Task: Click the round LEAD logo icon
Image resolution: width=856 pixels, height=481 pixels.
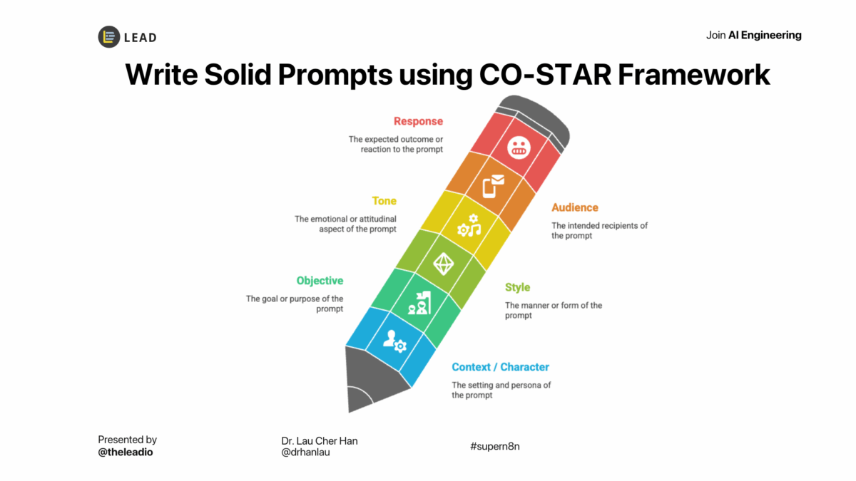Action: coord(109,37)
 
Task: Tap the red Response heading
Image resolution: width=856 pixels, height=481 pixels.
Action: coord(418,121)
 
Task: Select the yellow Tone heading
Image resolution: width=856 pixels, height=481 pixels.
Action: coord(384,201)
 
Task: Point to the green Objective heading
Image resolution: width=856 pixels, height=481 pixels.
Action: coord(320,281)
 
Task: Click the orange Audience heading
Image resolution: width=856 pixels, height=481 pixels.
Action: coord(575,207)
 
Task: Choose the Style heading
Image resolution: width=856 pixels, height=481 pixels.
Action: coord(517,287)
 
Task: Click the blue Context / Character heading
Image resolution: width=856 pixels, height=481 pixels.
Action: coord(500,367)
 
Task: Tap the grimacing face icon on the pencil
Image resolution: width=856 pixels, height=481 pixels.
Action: coord(519,148)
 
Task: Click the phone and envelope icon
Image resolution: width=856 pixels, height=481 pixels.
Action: coord(494,186)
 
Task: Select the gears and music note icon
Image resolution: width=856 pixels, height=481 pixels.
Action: coord(469,226)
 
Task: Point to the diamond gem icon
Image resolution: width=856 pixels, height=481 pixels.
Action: coord(443,264)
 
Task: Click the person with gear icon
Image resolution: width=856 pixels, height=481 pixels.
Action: coord(394,341)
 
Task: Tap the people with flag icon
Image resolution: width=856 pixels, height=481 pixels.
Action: coord(419,303)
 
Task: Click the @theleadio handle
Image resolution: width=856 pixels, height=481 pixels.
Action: coord(126,452)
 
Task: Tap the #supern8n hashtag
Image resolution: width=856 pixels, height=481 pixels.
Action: coord(495,446)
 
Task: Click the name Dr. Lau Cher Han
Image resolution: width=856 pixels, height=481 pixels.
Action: coord(320,441)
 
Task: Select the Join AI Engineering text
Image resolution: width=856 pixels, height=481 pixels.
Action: coord(753,36)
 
